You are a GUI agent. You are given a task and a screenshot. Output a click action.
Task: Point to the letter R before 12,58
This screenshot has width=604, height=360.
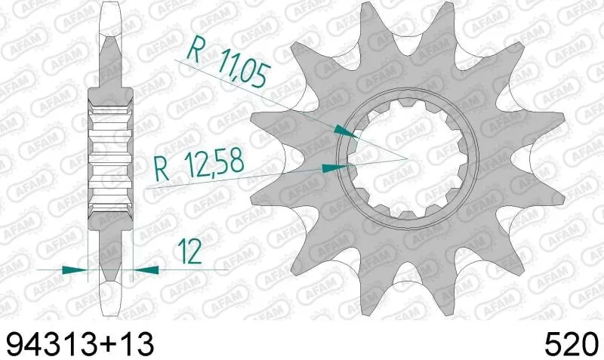click(x=160, y=165)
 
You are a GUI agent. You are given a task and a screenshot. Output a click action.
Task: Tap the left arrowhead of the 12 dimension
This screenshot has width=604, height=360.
click(x=75, y=269)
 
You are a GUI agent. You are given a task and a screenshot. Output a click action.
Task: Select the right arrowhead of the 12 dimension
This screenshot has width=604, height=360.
click(x=146, y=269)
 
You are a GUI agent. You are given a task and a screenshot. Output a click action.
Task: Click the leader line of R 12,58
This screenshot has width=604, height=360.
click(x=242, y=175)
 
